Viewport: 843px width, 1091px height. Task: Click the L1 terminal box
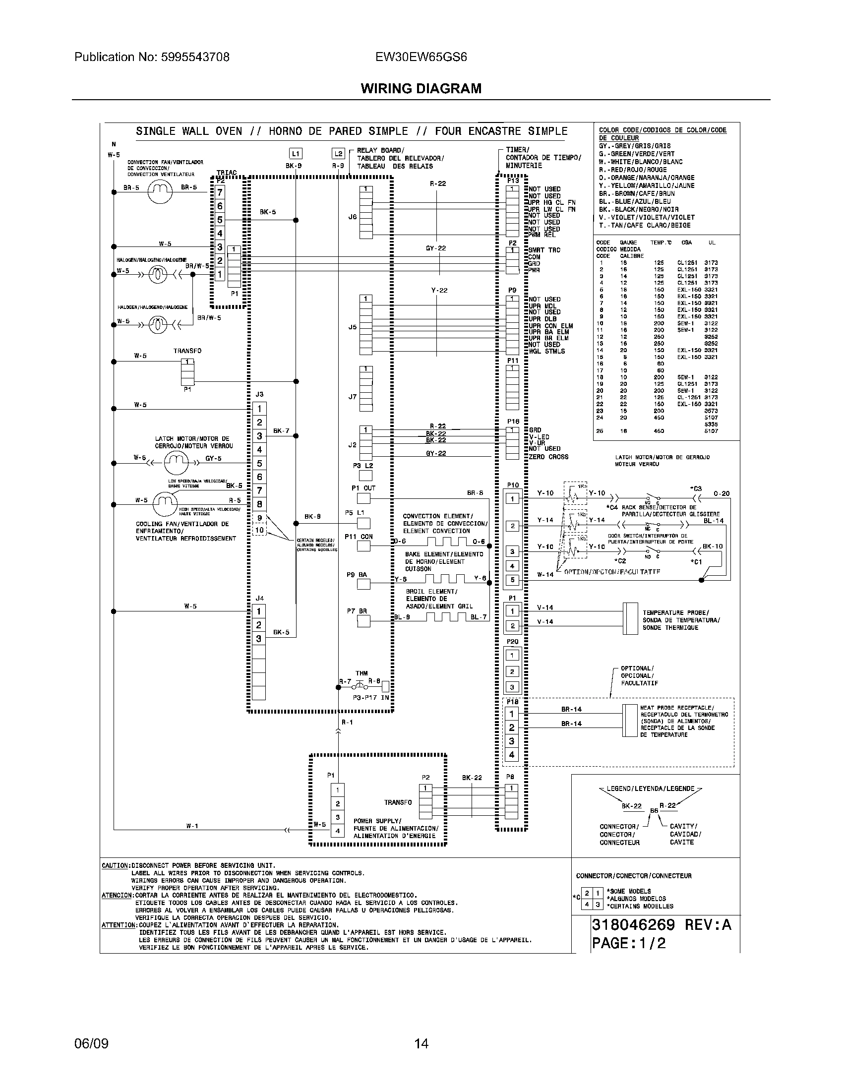296,154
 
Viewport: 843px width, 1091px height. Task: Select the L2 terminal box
338,154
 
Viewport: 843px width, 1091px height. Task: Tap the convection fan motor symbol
160,191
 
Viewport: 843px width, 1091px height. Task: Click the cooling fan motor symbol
164,502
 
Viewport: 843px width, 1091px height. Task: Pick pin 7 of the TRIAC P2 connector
220,192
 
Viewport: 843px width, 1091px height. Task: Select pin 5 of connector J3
259,463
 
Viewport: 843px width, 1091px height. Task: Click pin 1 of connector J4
259,611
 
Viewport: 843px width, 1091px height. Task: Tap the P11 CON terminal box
363,546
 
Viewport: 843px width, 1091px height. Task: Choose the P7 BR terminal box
363,620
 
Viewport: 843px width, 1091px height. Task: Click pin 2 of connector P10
512,526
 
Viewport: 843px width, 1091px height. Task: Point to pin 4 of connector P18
511,755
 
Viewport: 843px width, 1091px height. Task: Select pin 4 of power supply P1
338,831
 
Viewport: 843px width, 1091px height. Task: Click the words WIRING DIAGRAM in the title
421,88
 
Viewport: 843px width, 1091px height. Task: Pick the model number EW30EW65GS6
421,57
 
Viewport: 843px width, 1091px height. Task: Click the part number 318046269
633,925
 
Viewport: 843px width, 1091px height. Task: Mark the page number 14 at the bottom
421,1043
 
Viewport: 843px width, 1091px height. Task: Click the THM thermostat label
361,673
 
